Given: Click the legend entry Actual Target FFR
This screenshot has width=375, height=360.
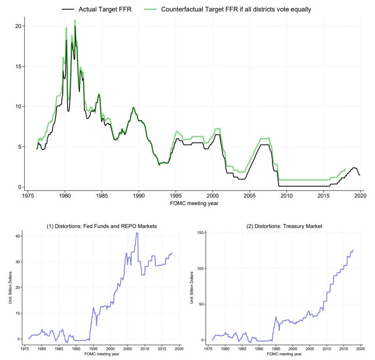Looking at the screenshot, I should pos(105,9).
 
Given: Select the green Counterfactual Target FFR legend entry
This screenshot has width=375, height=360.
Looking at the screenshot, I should pos(236,9).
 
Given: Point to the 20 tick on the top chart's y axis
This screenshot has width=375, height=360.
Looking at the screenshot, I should pos(17,26).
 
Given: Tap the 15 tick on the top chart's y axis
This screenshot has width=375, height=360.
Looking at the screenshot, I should pos(17,66).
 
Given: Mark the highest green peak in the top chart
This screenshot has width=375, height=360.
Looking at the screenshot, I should pos(75,20).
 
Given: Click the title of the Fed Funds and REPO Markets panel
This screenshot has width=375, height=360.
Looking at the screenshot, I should pos(102,226).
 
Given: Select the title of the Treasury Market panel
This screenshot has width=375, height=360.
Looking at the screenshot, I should pos(283,226).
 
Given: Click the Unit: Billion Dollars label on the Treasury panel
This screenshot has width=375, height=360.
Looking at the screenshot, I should pos(192,287).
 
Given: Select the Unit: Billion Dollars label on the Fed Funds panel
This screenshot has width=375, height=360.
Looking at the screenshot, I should pos(11,287).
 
